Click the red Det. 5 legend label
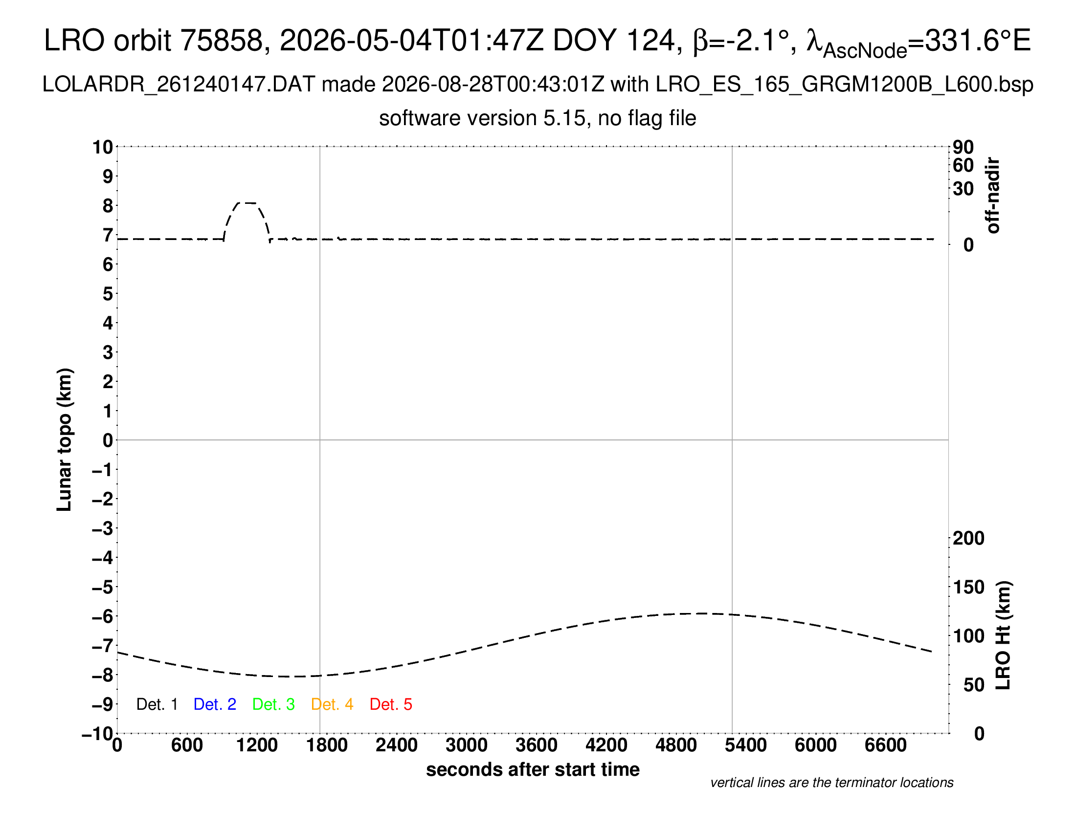pyautogui.click(x=391, y=704)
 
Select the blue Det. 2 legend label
pyautogui.click(x=215, y=704)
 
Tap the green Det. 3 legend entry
pyautogui.click(x=273, y=704)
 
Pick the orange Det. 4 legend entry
pyautogui.click(x=332, y=704)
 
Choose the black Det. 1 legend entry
pyautogui.click(x=157, y=704)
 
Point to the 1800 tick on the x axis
pyautogui.click(x=327, y=745)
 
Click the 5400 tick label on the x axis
pyautogui.click(x=746, y=745)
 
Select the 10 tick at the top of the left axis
pyautogui.click(x=103, y=147)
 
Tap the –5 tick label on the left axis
pyautogui.click(x=103, y=587)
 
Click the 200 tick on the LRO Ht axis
pyautogui.click(x=968, y=538)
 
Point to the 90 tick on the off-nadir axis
pyautogui.click(x=963, y=147)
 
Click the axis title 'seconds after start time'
pyautogui.click(x=533, y=769)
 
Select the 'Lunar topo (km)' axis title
pyautogui.click(x=64, y=439)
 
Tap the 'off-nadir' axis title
pyautogui.click(x=993, y=196)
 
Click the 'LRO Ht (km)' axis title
pyautogui.click(x=1003, y=635)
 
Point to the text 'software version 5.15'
pyautogui.click(x=482, y=118)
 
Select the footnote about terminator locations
pyautogui.click(x=831, y=783)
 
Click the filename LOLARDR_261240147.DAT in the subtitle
pyautogui.click(x=179, y=85)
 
